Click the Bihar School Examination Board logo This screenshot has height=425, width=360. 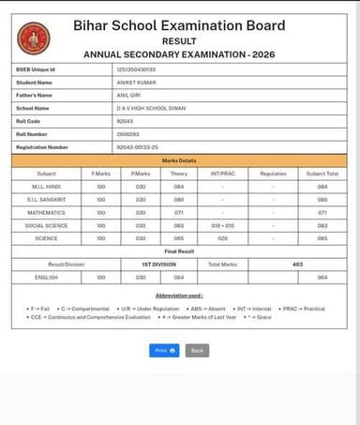(34, 38)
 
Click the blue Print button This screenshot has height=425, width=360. (164, 350)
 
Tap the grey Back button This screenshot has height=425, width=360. (197, 350)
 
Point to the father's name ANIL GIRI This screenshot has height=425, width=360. (128, 95)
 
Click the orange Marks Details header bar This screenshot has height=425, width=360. (179, 160)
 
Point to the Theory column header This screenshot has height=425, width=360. (178, 174)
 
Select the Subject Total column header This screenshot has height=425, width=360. (322, 174)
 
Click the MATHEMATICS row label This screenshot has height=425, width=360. (46, 213)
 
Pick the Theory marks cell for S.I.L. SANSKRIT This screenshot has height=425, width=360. (178, 200)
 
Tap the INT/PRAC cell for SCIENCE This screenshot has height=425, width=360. (222, 238)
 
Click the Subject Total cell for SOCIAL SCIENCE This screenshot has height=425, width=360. (322, 226)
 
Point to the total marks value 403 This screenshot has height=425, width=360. (297, 265)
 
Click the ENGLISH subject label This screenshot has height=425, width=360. (46, 278)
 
